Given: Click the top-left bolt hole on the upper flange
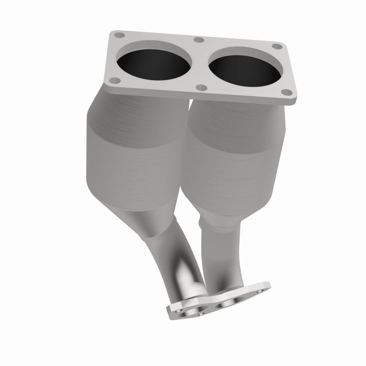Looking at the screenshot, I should (x=119, y=36).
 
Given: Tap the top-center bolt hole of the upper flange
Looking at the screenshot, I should (x=199, y=40).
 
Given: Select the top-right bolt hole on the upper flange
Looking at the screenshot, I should (x=277, y=46).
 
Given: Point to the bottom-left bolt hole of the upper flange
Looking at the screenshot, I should (x=115, y=80).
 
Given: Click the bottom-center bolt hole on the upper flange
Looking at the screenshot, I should (x=202, y=87).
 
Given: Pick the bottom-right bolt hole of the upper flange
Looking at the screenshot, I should (x=286, y=93).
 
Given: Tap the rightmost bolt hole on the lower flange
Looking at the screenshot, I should (x=260, y=291).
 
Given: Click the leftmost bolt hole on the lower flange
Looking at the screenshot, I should (x=178, y=310).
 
